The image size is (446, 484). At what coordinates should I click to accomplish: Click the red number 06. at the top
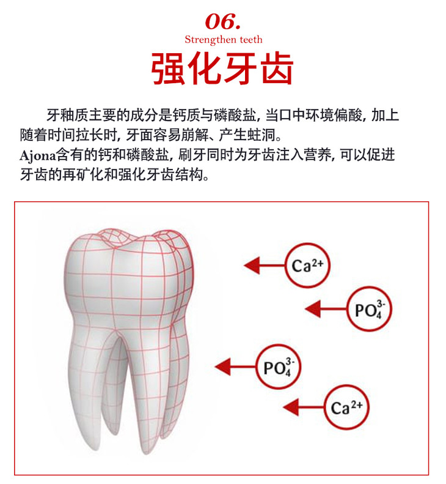tap(223, 21)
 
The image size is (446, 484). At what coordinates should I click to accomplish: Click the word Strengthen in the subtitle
tap(207, 40)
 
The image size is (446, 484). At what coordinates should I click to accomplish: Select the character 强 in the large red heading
tap(169, 69)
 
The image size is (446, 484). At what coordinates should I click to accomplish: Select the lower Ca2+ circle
tap(346, 406)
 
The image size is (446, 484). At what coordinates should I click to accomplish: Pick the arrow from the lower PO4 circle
tap(235, 367)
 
